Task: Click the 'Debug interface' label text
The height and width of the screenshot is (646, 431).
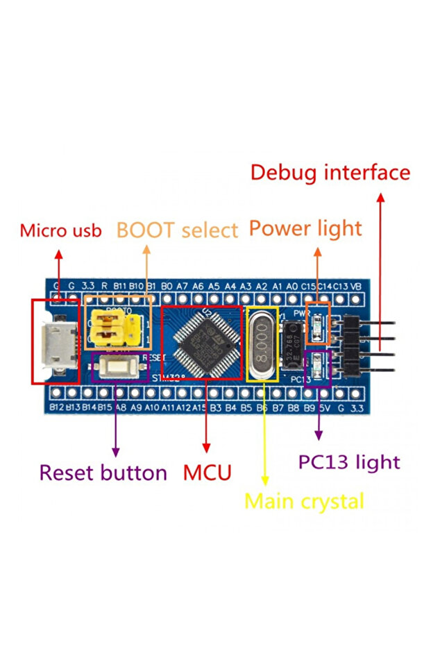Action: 330,172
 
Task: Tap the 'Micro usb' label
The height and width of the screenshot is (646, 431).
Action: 60,230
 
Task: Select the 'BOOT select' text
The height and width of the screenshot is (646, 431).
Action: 177,230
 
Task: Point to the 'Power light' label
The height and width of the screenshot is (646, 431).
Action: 305,228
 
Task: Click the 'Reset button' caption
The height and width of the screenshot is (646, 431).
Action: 103,473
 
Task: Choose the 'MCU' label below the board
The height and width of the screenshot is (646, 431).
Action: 207,473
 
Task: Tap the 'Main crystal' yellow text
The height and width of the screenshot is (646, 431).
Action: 304,500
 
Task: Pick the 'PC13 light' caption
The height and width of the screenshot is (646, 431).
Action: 349,461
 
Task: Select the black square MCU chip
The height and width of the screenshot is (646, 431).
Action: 202,341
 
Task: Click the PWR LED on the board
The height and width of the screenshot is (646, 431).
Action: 319,323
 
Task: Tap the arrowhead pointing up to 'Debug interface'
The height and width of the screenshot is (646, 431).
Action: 380,197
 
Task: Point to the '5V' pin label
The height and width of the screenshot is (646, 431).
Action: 324,408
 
